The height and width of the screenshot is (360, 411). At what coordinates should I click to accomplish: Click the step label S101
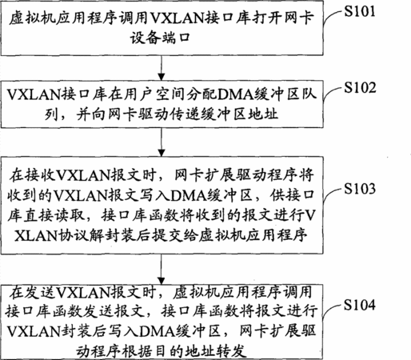pos(359,12)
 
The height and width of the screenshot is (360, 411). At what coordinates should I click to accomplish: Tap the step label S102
pos(360,88)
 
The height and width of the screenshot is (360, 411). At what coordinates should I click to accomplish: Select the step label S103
pos(360,189)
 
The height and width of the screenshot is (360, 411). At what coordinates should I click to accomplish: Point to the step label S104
pos(360,305)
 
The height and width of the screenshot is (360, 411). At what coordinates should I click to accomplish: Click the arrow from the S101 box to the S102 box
pos(162,68)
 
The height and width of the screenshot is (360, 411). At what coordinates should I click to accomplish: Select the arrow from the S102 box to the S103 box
pos(162,142)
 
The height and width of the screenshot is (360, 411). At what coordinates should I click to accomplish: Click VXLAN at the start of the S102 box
pos(34,94)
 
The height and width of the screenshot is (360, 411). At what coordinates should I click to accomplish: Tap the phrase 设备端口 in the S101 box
pos(161,38)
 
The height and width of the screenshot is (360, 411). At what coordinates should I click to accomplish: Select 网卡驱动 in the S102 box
pos(138,114)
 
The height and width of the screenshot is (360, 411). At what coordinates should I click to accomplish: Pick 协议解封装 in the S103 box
pos(97,235)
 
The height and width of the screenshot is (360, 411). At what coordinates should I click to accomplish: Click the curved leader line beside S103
pos(332,194)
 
